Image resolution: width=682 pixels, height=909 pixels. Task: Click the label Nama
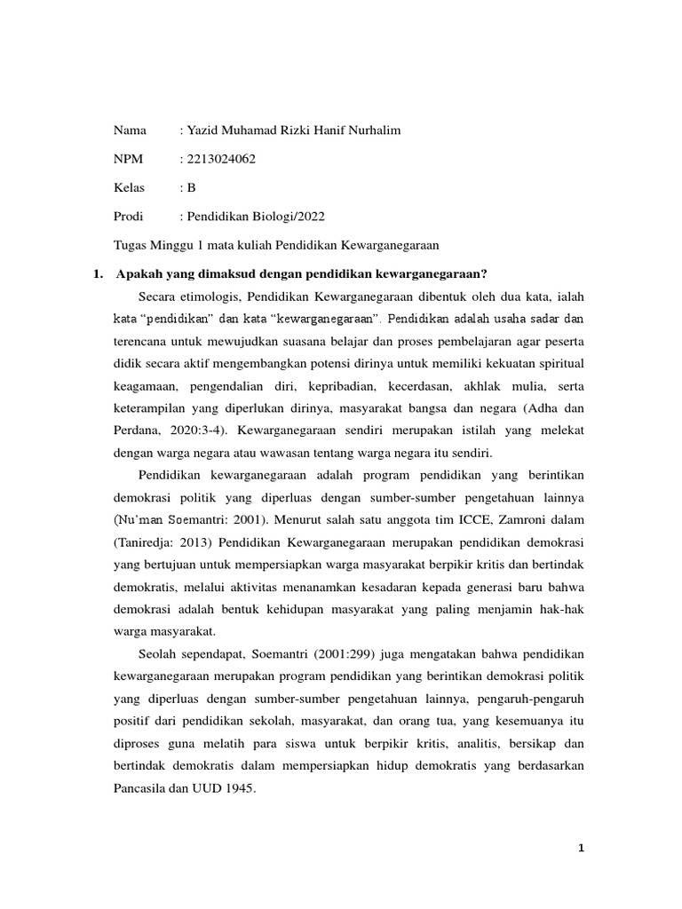(x=130, y=130)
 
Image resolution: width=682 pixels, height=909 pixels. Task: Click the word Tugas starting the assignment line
(x=131, y=244)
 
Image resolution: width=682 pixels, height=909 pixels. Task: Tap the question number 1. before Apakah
(x=99, y=273)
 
